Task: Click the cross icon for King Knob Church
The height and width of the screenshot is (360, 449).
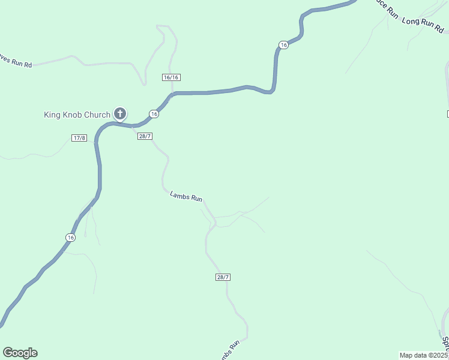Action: coord(120,113)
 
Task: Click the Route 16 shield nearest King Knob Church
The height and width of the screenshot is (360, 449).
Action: coord(154,114)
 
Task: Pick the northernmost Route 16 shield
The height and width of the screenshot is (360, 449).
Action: coord(283,44)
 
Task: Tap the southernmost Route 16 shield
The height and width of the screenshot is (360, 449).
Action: coord(71,238)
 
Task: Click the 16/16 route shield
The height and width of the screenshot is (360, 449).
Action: coord(171,77)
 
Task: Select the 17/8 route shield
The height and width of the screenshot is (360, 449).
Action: coord(79,138)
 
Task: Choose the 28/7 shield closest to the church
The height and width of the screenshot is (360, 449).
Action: coord(145,136)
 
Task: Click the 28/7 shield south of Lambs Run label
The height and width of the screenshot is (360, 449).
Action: coord(223,277)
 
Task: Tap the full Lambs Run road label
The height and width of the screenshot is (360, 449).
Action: coord(186,196)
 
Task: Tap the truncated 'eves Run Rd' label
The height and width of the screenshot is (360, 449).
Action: coord(16,61)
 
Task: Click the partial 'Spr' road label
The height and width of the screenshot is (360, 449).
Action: coord(445,343)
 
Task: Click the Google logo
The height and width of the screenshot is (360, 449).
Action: coord(20,353)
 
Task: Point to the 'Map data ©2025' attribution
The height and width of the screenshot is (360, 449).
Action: coord(424,355)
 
